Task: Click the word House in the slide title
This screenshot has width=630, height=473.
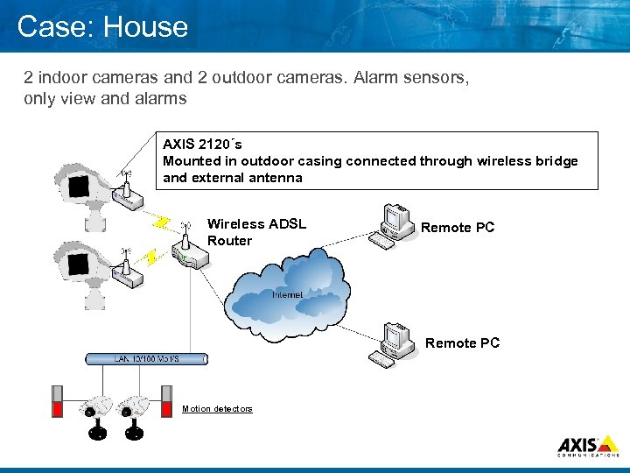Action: [x=144, y=26]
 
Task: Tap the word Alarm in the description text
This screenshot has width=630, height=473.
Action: [x=374, y=77]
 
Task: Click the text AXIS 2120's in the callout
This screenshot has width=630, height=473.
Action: [x=203, y=144]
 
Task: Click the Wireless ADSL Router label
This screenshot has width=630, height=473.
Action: [x=255, y=232]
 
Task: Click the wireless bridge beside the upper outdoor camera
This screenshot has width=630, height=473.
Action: [x=126, y=198]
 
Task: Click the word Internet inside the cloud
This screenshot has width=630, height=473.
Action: [x=287, y=295]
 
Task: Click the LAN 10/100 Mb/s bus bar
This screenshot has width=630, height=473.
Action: [x=146, y=359]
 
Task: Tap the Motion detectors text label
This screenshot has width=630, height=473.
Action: [x=217, y=409]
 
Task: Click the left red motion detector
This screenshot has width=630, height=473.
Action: [x=59, y=403]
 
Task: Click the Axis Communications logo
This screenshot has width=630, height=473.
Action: [x=588, y=445]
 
